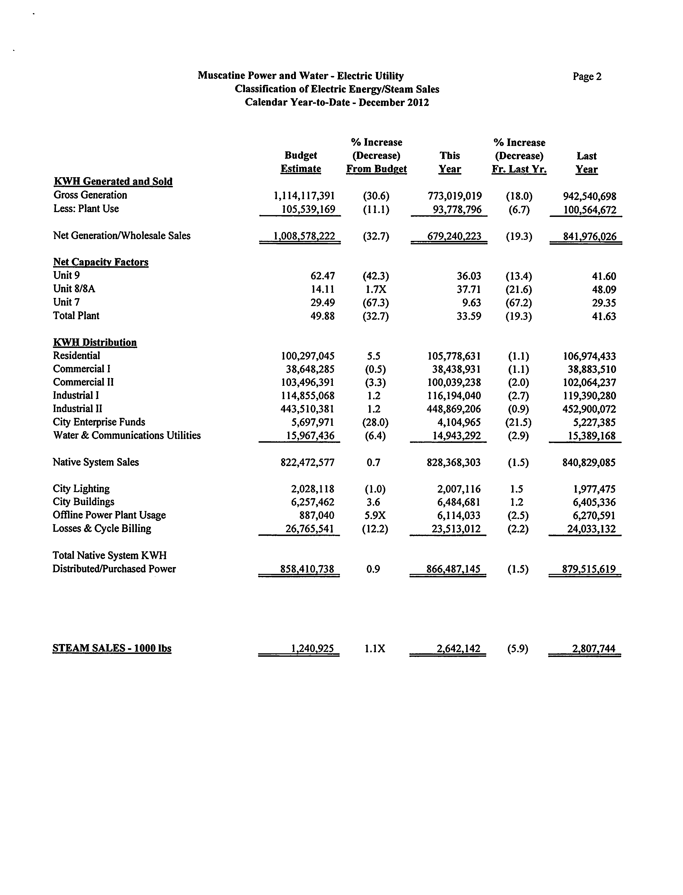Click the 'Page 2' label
pos(587,76)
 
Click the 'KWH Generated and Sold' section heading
pos(113,181)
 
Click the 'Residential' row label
pos(76,356)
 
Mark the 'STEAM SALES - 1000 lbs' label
pos(112,648)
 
